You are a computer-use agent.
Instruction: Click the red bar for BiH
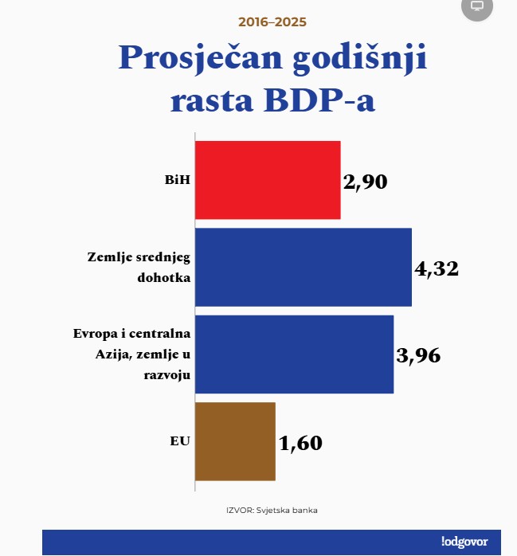(268, 180)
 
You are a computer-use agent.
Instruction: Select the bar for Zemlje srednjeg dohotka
(303, 267)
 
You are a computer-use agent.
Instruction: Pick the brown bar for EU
(235, 441)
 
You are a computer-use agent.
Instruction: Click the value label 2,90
(365, 182)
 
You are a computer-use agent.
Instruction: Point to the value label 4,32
(437, 268)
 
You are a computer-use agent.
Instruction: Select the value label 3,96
(418, 355)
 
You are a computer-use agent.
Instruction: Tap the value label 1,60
(300, 443)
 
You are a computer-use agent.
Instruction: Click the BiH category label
(177, 180)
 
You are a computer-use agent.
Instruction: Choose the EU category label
(180, 440)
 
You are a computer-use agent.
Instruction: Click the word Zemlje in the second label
(105, 257)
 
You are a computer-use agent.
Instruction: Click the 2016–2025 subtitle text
(272, 22)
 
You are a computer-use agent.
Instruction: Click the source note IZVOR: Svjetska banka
(272, 511)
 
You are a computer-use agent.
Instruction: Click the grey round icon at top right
(477, 6)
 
